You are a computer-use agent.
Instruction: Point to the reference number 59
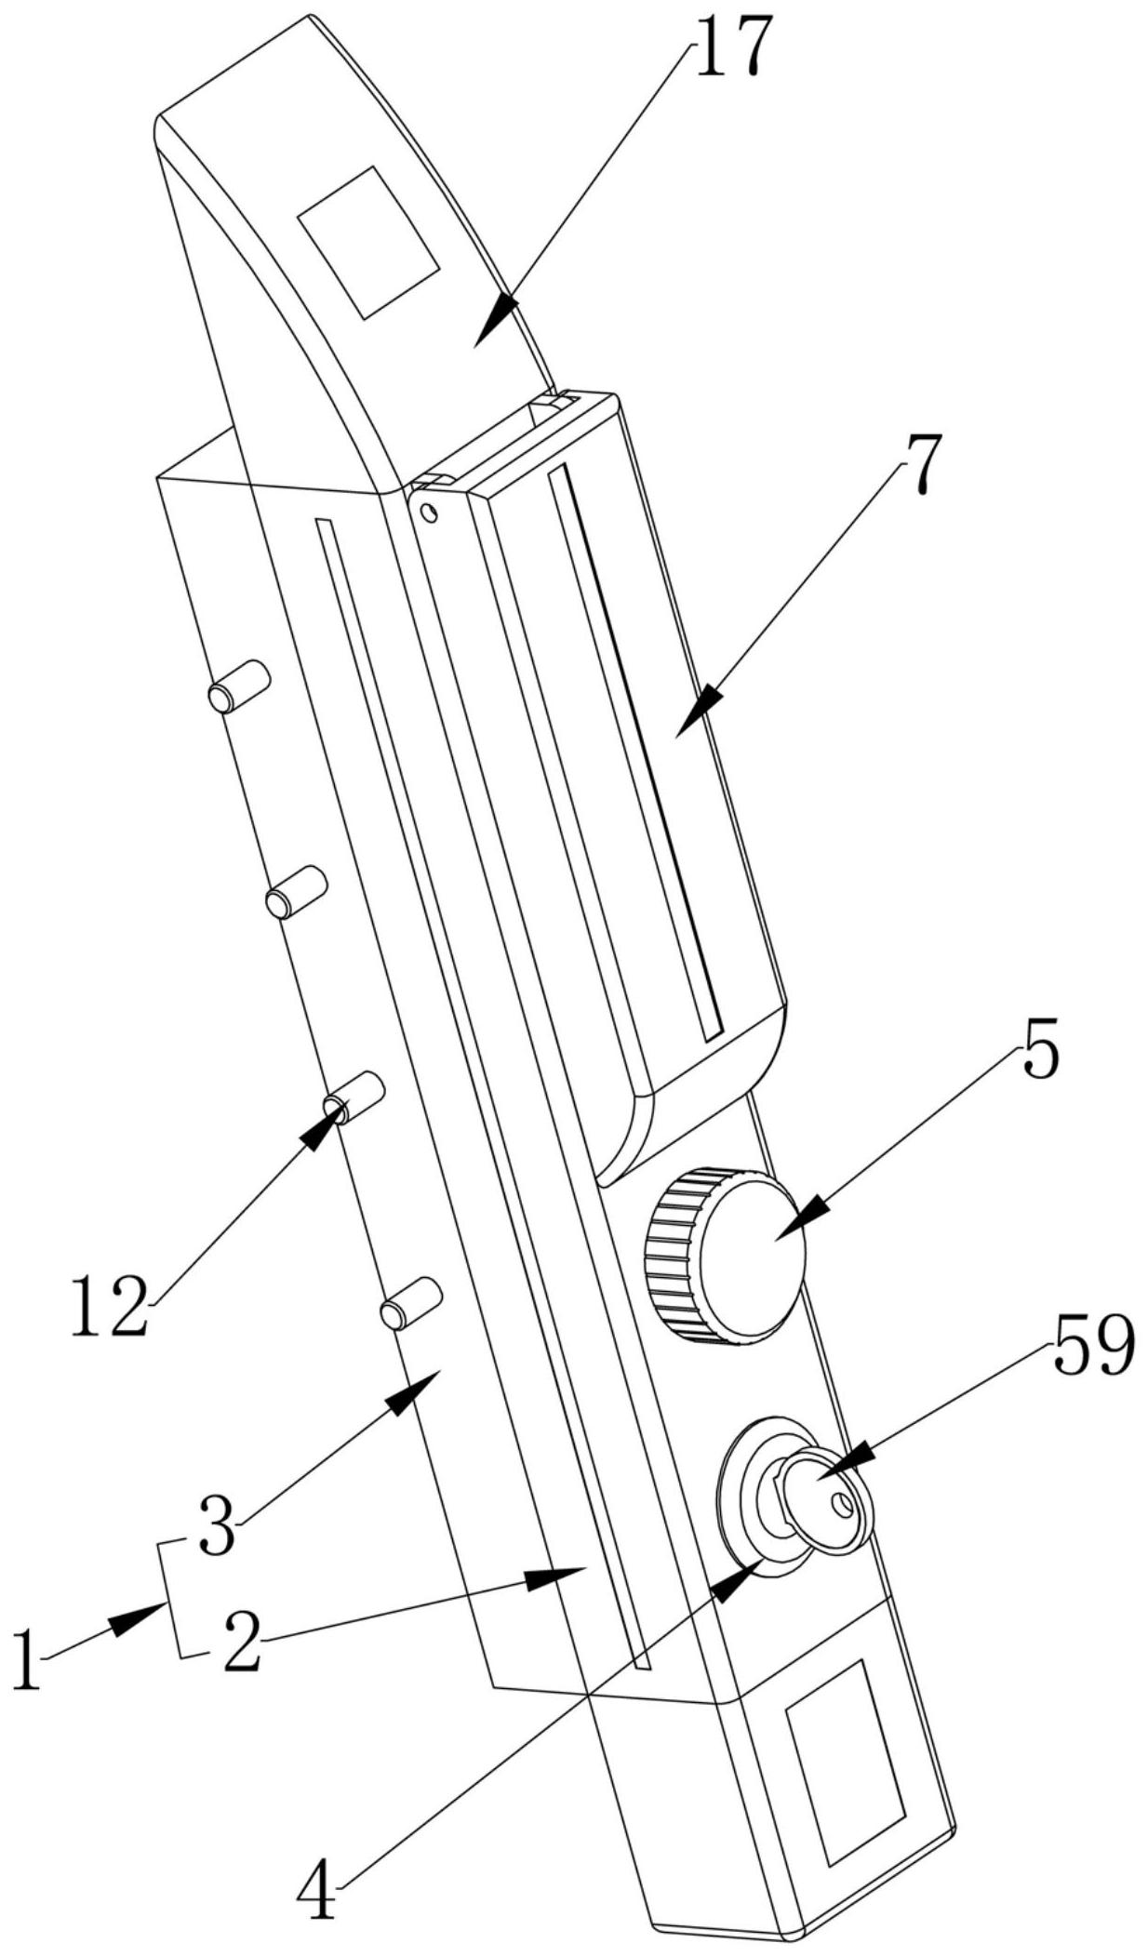[x=1094, y=1346]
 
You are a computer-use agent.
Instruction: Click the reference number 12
[x=109, y=1306]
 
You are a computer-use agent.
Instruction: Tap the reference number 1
[x=28, y=1659]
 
